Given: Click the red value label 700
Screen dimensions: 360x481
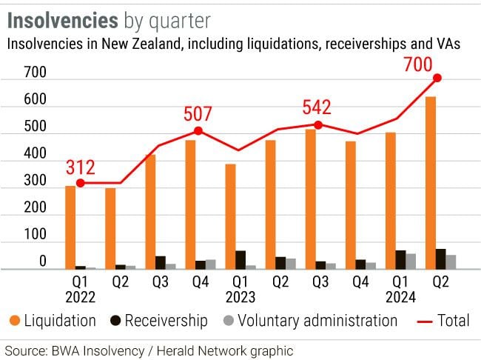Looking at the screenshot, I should tap(418, 64).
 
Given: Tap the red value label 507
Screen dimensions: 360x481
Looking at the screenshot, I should tap(198, 115).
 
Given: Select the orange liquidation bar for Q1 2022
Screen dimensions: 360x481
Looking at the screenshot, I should tap(70, 227).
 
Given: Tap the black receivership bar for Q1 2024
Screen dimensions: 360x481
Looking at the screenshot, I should tap(400, 260).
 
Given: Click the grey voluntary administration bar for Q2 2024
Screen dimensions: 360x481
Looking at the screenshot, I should tap(451, 262).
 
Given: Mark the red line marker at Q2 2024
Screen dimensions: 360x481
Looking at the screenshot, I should tap(437, 78).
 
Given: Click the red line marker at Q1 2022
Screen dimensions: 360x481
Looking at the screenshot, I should tap(80, 183).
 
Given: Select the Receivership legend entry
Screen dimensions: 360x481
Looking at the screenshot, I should tap(159, 321).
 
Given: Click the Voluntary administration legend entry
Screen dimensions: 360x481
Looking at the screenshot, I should tap(310, 321).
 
